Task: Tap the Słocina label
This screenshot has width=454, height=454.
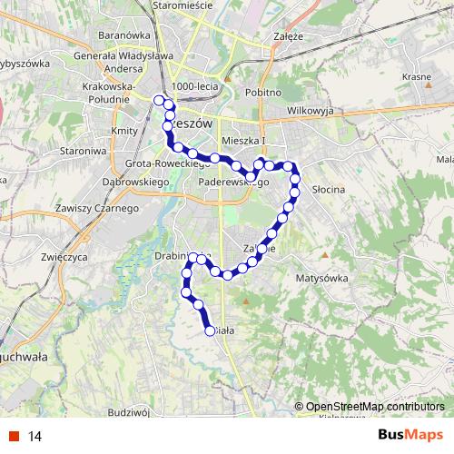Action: click(x=329, y=190)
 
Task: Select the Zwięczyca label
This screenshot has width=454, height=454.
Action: click(x=64, y=257)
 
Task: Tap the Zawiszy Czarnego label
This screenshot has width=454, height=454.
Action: click(x=95, y=208)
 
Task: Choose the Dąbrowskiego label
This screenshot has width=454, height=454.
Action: click(x=143, y=183)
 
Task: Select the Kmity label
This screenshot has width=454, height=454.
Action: click(x=123, y=132)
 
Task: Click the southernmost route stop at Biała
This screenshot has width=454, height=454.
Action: click(x=211, y=331)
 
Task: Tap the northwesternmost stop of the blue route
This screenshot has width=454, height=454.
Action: click(x=159, y=100)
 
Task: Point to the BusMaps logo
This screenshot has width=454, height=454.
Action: click(x=410, y=435)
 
